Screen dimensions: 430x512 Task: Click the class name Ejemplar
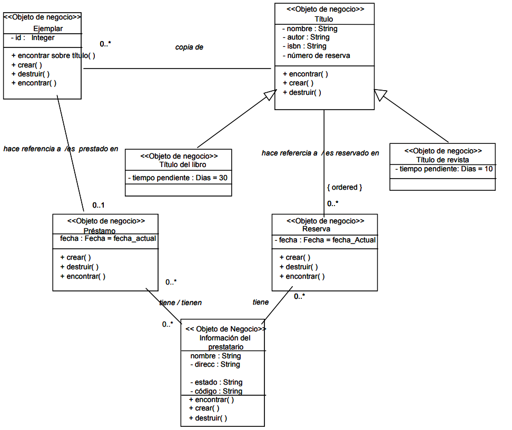click(x=48, y=28)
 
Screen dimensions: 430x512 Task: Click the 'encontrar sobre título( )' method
click(x=53, y=55)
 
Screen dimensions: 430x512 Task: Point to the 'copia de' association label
click(x=189, y=47)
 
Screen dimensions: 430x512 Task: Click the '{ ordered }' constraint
click(x=344, y=187)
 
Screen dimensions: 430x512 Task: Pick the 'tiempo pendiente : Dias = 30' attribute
click(x=178, y=178)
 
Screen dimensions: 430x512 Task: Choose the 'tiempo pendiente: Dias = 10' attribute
click(x=444, y=169)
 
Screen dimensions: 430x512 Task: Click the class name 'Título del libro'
click(x=179, y=164)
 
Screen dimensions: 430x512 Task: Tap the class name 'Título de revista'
click(x=442, y=160)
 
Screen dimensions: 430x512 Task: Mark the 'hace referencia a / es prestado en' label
click(x=61, y=149)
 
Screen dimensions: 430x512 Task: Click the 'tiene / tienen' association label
click(x=180, y=302)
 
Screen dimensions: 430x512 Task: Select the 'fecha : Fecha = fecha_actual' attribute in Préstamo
click(x=108, y=239)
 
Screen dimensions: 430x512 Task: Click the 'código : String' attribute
click(x=216, y=391)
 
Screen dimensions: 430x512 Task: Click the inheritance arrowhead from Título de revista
click(x=380, y=95)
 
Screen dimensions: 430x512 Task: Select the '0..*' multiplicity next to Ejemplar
click(x=105, y=44)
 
